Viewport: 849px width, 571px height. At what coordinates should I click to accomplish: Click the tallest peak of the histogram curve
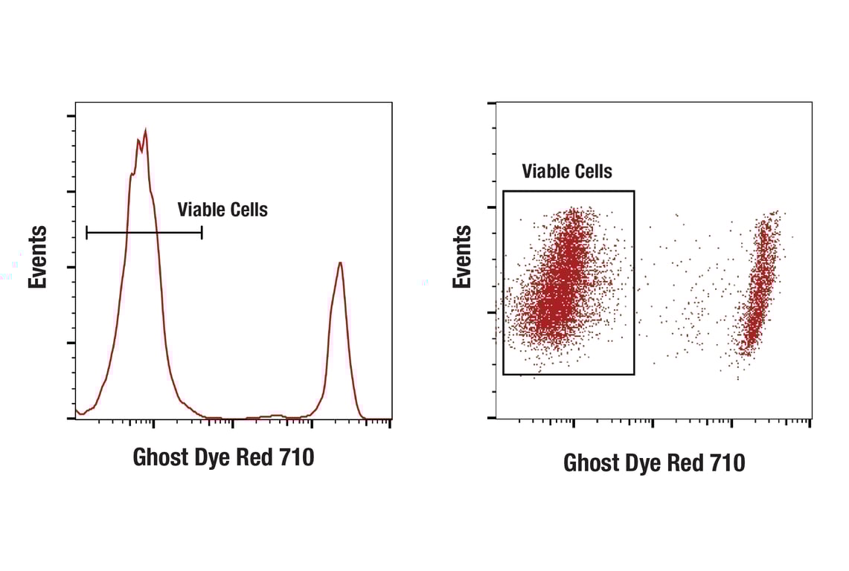tap(145, 132)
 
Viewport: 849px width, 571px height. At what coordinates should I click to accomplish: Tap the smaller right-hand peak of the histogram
tap(339, 263)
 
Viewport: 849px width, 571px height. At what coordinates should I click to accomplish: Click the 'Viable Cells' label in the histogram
tap(222, 210)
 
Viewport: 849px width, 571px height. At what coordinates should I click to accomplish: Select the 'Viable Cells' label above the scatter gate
tap(567, 172)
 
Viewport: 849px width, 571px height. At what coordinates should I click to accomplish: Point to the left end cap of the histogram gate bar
tap(87, 233)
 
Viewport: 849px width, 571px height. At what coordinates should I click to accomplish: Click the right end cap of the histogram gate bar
tap(202, 233)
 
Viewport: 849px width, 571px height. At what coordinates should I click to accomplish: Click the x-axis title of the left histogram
tap(223, 457)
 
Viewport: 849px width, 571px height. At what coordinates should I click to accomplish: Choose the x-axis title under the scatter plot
tap(654, 462)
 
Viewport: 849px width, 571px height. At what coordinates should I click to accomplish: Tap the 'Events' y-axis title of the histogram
tap(38, 257)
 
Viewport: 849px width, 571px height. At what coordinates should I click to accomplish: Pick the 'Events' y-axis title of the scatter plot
tap(462, 257)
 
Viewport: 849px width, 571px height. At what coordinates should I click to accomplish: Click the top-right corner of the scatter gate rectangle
tap(634, 191)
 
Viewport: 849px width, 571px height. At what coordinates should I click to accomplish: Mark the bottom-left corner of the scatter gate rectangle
tap(504, 374)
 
